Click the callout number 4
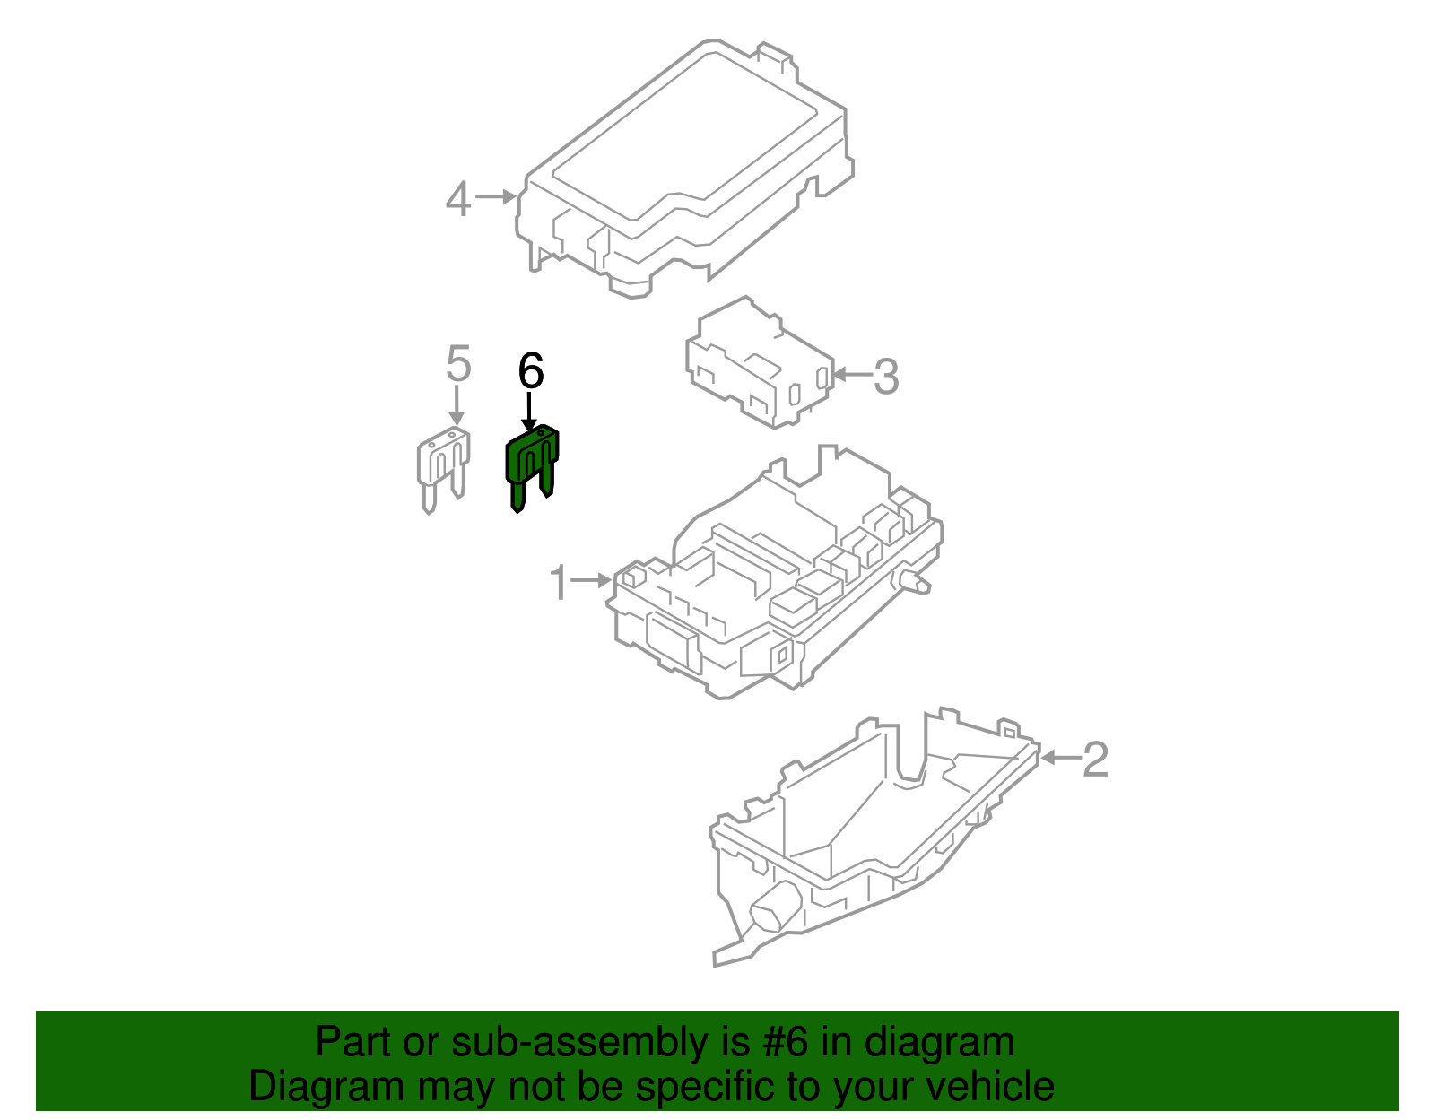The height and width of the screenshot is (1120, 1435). pos(457,198)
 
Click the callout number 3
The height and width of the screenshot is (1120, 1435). pos(886,377)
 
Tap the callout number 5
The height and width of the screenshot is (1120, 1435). pos(458,364)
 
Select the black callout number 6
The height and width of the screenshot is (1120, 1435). pos(531,370)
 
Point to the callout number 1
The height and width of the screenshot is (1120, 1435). pos(559,583)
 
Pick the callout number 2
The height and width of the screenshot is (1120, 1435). pos(1095,760)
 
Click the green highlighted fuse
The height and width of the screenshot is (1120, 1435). pos(531,466)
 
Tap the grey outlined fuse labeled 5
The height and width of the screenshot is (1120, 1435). pos(443,468)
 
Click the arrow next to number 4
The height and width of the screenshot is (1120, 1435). pos(495,196)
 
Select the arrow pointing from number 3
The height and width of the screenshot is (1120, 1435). pos(851,375)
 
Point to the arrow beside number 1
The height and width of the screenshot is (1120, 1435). pos(592,581)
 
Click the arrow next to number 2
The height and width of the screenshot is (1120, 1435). pos(1059,758)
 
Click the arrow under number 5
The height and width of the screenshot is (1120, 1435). pos(457,405)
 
